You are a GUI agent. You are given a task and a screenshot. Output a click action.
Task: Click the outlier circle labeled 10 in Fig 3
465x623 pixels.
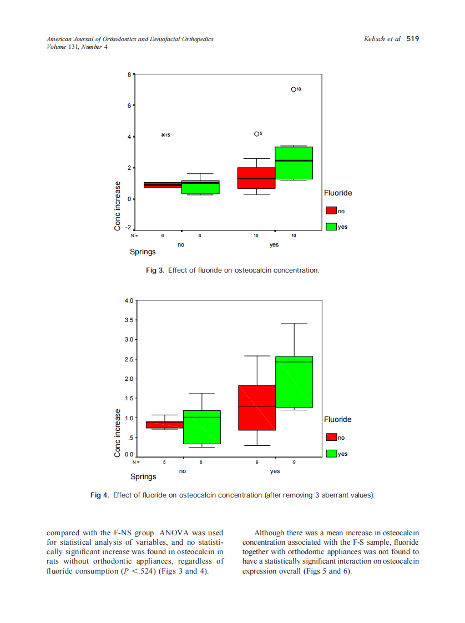coord(294,89)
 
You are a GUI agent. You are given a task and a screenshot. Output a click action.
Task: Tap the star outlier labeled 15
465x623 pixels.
coord(163,135)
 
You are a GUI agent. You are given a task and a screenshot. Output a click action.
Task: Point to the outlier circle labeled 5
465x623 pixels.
coord(256,134)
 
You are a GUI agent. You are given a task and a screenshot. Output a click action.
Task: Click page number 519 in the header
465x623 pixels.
coord(412,39)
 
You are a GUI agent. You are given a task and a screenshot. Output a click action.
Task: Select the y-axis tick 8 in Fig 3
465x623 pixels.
coord(129,74)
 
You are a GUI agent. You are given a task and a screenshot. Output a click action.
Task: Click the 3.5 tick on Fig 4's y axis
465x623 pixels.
coord(128,320)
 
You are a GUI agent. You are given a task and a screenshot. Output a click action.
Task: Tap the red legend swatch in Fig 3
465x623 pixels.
coord(331,211)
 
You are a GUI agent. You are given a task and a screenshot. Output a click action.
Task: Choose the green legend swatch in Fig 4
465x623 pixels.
coord(332,454)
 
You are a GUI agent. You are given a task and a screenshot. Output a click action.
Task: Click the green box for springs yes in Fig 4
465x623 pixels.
coord(294,382)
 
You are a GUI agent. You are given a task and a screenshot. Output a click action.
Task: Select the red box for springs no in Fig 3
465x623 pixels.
coord(163,185)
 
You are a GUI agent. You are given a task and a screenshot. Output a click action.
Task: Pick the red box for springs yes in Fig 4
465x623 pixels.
coord(257,408)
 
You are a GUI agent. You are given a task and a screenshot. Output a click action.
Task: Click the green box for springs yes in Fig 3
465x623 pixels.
coord(294,163)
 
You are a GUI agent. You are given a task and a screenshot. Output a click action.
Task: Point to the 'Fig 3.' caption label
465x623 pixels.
coord(155,270)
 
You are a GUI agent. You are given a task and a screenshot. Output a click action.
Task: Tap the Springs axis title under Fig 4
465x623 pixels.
coord(143,476)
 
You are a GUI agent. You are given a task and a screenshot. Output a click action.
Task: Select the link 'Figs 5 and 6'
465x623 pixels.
coord(327,571)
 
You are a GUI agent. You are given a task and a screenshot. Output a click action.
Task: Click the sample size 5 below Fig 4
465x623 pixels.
coord(164,462)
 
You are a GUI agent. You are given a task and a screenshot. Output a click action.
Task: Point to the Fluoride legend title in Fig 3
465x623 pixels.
coord(338,193)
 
